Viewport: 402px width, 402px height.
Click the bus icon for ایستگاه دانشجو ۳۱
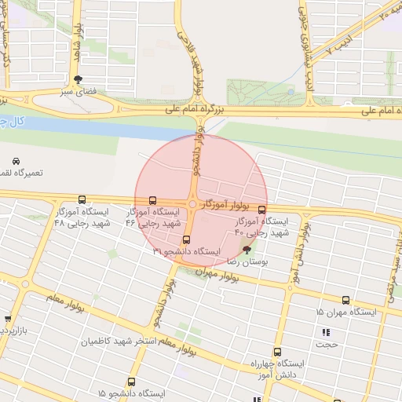pos(186,239)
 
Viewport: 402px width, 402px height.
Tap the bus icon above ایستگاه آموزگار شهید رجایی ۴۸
pos(82,199)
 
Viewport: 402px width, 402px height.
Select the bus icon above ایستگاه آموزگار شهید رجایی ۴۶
pos(152,200)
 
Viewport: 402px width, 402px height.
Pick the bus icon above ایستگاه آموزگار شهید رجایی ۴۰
pos(261,210)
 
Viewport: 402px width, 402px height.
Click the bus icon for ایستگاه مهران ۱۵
pos(345,300)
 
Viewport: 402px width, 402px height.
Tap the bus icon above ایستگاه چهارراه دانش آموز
pos(276,353)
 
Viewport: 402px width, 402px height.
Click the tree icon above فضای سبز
pos(78,79)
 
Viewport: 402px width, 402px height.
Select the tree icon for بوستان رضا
pos(247,250)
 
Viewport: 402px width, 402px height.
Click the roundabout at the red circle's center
pos(192,204)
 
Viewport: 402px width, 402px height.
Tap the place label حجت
pos(327,344)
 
